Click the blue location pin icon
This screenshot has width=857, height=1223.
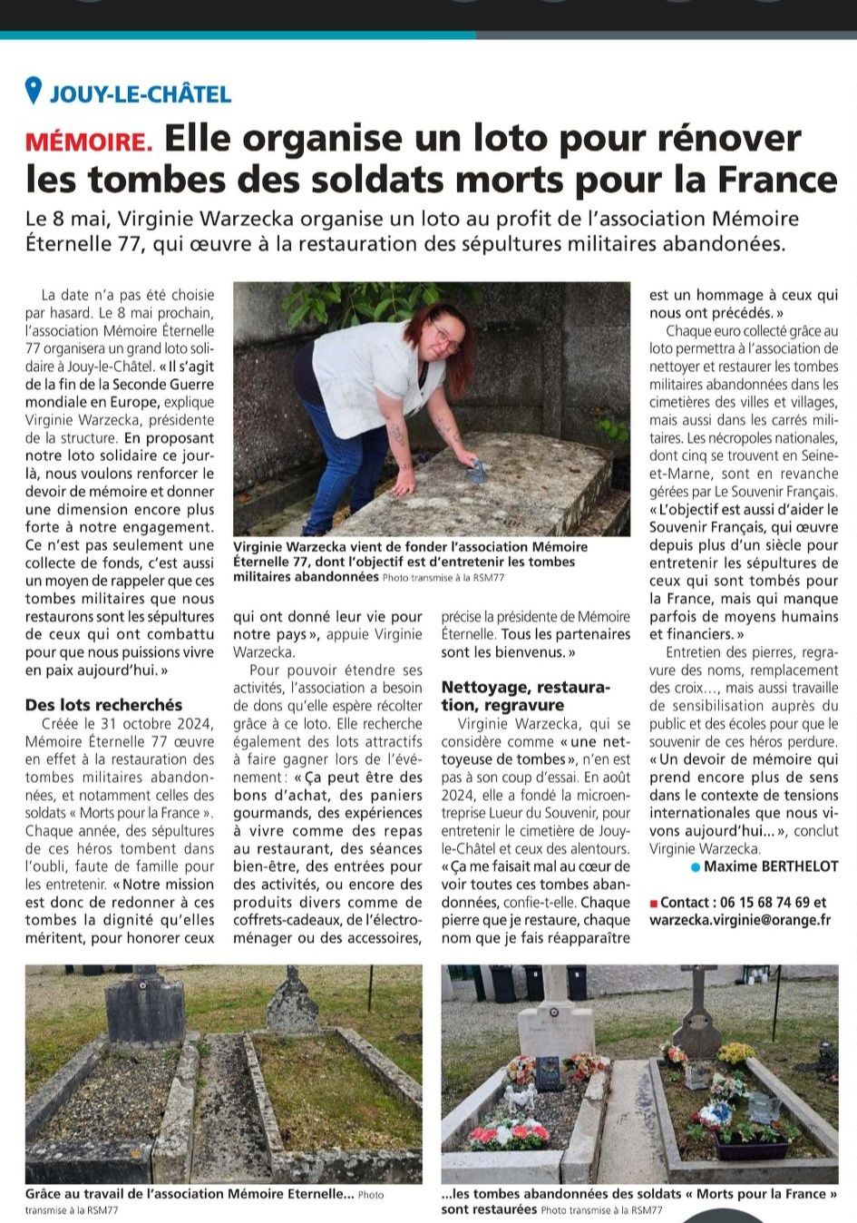tap(34, 91)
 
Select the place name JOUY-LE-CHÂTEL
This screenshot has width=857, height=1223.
tap(141, 93)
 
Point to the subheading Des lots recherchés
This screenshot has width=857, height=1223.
tap(103, 705)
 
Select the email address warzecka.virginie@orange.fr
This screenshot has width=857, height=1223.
tap(740, 920)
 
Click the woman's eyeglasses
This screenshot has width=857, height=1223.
tap(444, 337)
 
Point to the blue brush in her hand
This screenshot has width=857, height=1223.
tap(477, 471)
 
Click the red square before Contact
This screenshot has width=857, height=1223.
tap(654, 904)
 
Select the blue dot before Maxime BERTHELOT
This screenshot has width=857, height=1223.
tap(695, 868)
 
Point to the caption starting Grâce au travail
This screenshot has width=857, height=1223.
tap(190, 1195)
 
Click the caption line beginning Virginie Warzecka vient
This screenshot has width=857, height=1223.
tap(410, 547)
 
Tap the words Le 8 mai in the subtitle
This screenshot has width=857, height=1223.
tap(63, 219)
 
